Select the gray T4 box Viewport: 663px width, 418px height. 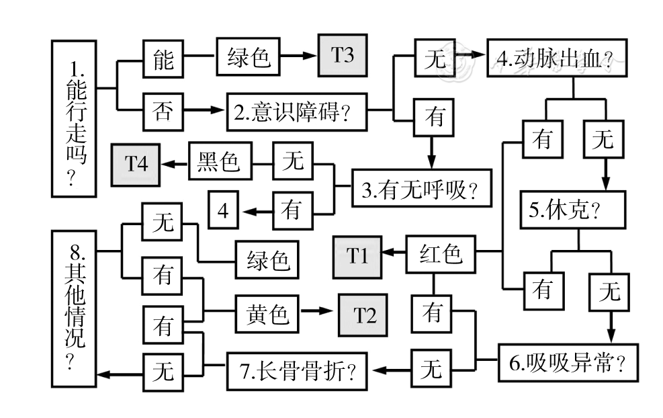click(136, 163)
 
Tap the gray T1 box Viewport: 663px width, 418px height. click(357, 256)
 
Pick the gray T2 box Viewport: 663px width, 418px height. click(362, 315)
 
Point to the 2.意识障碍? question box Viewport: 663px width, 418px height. click(296, 112)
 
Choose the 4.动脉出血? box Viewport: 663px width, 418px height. click(557, 61)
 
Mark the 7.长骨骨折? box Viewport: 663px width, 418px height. click(298, 370)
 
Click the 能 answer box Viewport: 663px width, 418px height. click(163, 60)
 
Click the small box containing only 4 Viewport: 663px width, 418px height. click(223, 210)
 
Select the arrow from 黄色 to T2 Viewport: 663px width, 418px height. click(316, 312)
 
